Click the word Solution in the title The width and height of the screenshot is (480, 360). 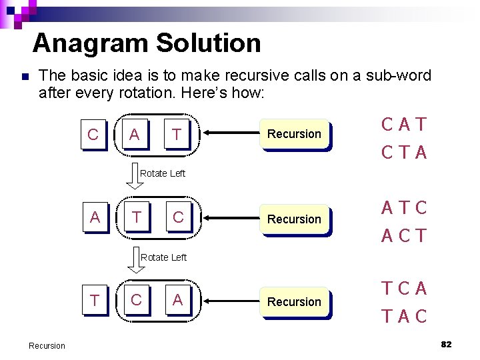pos(208,43)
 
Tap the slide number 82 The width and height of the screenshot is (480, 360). pos(446,344)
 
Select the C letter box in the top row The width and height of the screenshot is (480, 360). pos(93,135)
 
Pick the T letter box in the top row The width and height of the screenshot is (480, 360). pos(176,135)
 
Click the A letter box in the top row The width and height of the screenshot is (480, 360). pos(135,135)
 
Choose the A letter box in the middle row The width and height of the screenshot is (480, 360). pos(95,217)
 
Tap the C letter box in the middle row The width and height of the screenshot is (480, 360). pos(178,217)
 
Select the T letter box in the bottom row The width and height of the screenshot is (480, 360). pos(95,301)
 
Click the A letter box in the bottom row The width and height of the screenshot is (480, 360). pos(177,301)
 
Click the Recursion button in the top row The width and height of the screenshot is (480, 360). pos(294,134)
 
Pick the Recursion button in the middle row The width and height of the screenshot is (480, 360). pos(294,219)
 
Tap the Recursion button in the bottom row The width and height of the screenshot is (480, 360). pos(294,302)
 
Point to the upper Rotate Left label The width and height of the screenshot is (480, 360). pos(163,173)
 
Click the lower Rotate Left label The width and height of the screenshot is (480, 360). pos(164,257)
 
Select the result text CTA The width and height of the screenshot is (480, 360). pos(404,153)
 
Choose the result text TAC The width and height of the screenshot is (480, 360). pos(404,317)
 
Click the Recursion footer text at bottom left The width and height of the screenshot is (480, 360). pos(47,345)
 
